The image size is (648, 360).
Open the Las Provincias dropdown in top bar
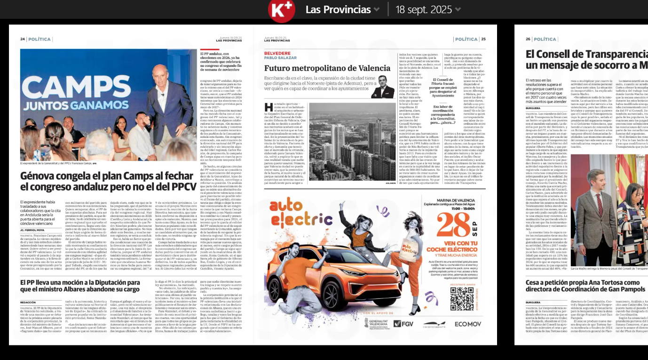[343, 9]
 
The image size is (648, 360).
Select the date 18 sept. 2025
[427, 9]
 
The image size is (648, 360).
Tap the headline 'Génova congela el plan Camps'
[108, 182]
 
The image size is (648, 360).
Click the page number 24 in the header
[23, 39]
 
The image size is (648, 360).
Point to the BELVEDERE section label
[277, 53]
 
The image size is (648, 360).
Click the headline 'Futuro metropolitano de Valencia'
[327, 68]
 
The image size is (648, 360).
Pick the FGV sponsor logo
[403, 324]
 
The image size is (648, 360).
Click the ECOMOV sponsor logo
[467, 324]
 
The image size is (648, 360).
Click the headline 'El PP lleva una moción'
[80, 286]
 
